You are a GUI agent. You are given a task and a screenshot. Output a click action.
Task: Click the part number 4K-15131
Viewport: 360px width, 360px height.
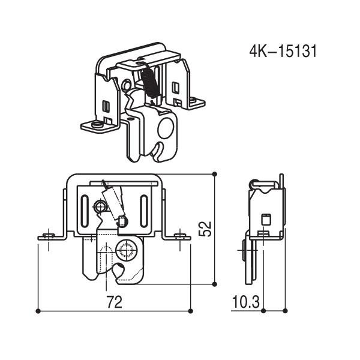click(x=283, y=51)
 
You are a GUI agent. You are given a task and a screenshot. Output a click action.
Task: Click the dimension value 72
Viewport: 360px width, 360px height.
click(x=114, y=302)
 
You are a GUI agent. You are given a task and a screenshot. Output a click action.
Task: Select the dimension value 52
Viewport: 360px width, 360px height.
click(x=205, y=229)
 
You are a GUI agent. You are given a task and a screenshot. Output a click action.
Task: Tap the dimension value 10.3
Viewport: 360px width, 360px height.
click(x=246, y=302)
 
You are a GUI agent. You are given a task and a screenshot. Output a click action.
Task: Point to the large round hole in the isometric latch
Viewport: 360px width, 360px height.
click(x=166, y=128)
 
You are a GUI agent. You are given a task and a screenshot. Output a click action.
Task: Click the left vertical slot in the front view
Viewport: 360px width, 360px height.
click(x=85, y=211)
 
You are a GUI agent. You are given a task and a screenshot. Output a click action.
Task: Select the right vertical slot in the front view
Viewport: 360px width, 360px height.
click(x=144, y=211)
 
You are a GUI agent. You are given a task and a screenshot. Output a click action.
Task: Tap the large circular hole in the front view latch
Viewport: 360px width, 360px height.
click(x=127, y=250)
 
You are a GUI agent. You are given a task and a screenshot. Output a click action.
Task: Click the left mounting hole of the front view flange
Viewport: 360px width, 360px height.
click(x=49, y=236)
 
